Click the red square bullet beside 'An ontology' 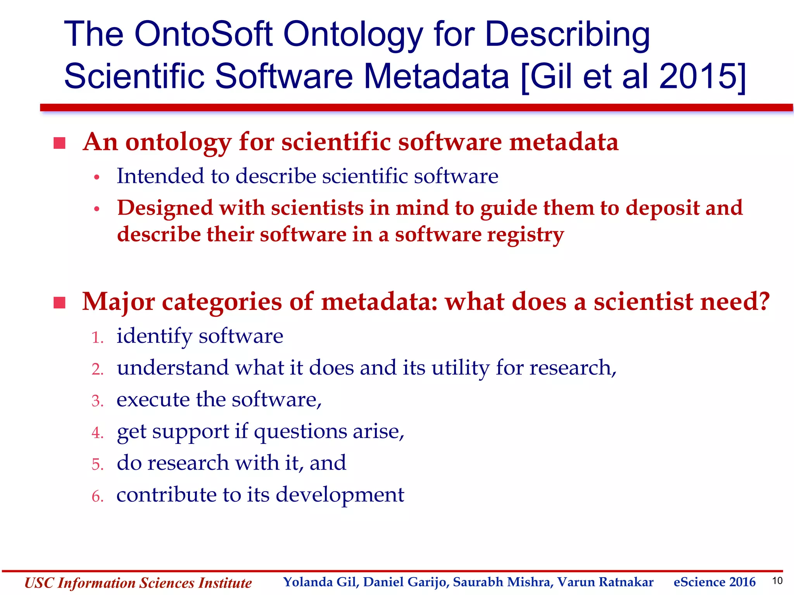59,143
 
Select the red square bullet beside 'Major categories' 59,303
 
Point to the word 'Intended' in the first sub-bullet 160,176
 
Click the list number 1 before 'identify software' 97,337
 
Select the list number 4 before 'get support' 97,433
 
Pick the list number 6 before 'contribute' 97,496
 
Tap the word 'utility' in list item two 460,368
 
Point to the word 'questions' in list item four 300,432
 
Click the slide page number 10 777,581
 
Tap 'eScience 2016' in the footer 714,582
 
